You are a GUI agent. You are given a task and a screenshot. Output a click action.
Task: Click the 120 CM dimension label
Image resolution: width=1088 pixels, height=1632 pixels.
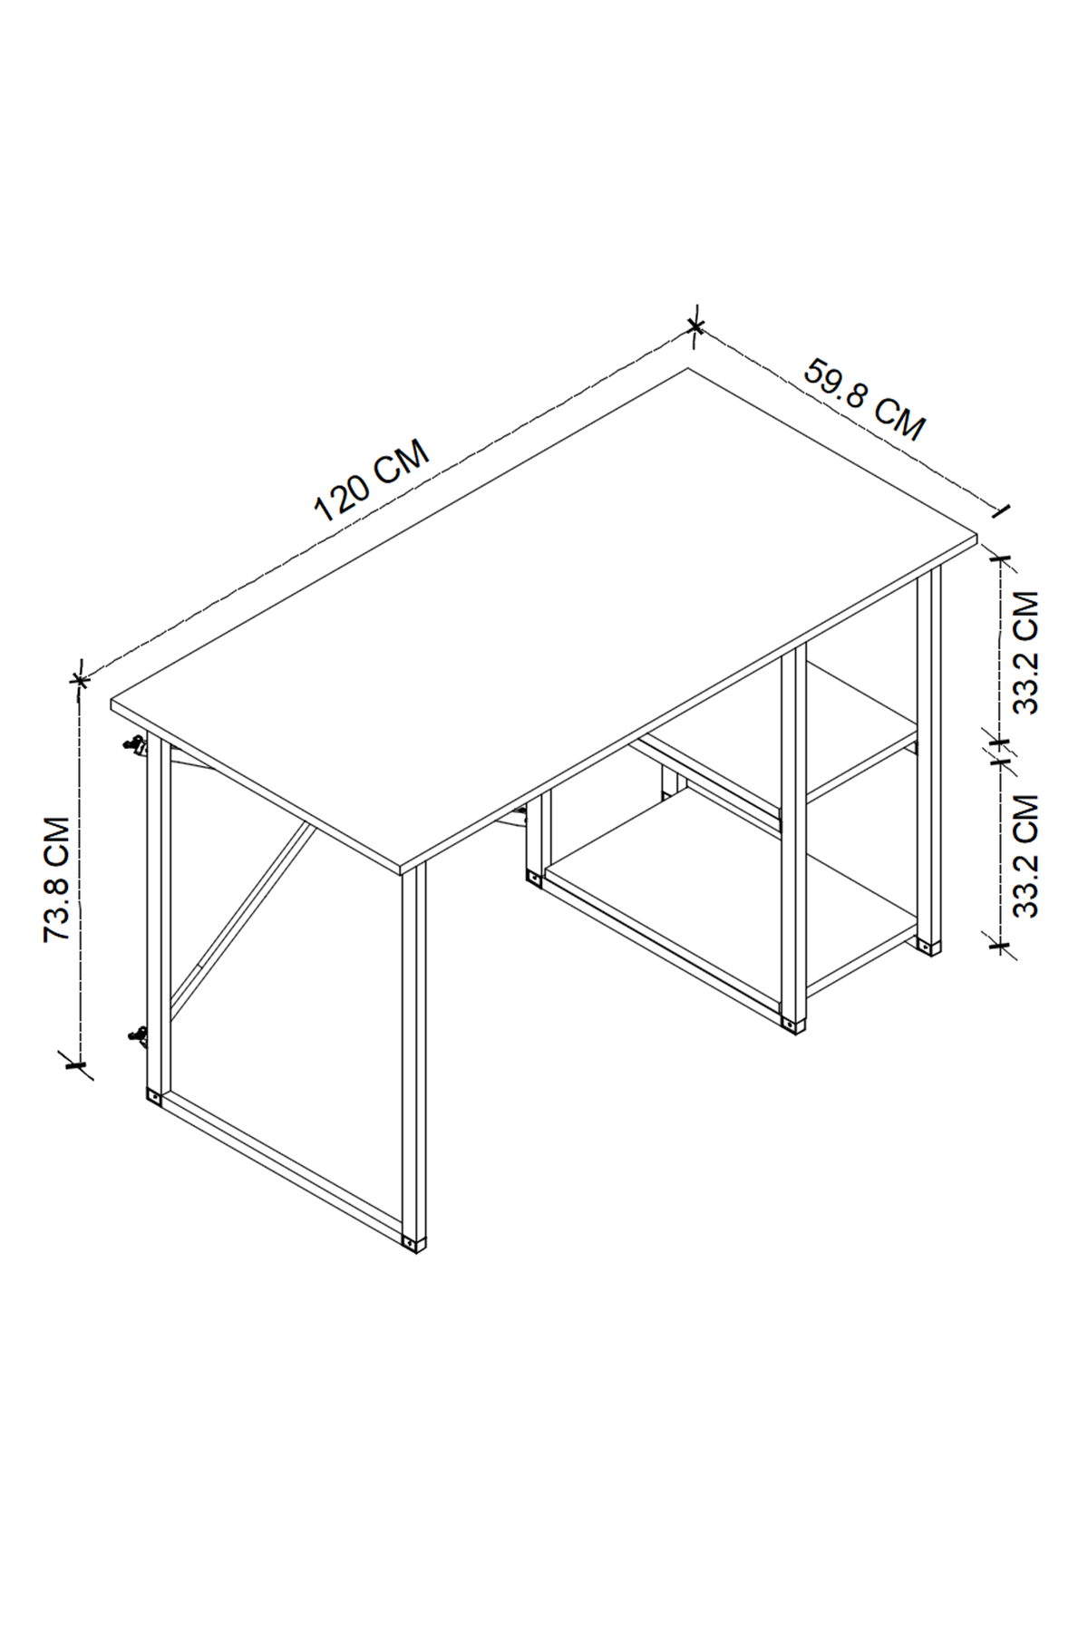tap(372, 481)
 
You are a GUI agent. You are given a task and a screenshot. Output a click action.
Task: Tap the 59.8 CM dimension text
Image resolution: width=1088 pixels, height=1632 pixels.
tap(864, 400)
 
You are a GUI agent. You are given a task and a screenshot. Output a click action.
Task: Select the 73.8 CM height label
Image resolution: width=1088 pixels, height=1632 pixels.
tap(58, 879)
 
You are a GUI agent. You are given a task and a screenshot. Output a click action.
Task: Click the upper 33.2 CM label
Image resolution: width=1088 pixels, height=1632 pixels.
tap(1025, 653)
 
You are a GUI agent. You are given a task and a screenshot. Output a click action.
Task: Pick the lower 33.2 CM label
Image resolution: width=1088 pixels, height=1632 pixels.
tap(1025, 856)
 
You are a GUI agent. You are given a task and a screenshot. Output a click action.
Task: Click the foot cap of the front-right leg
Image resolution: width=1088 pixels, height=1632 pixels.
tap(413, 1243)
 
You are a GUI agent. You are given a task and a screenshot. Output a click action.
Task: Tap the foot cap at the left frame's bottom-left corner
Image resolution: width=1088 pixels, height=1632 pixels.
tap(153, 1098)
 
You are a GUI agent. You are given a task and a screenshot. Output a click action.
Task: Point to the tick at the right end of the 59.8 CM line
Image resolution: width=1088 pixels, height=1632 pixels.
tap(1001, 511)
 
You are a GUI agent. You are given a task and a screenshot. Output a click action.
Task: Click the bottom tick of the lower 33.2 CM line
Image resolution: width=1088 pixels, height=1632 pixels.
tap(1001, 947)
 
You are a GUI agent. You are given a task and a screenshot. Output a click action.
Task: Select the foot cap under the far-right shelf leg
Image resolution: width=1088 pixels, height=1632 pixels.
tap(928, 947)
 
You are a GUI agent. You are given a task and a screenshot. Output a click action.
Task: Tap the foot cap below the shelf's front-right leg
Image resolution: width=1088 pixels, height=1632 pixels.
tap(794, 1025)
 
